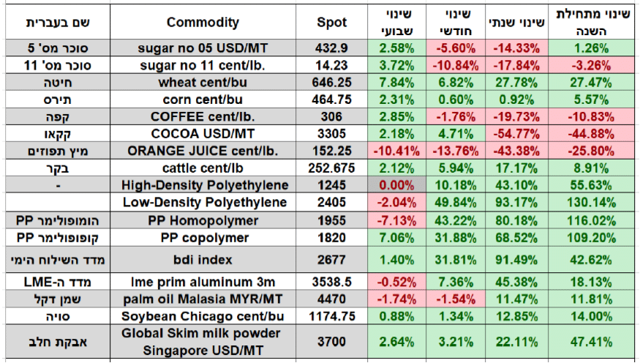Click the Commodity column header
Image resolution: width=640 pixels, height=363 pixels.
point(203,22)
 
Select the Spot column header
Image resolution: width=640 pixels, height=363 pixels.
point(332,22)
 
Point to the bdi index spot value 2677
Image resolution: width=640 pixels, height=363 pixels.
point(332,259)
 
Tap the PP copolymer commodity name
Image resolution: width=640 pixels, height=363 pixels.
point(203,238)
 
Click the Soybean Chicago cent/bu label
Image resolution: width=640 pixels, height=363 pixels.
point(203,315)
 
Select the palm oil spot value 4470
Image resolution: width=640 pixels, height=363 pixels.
point(332,298)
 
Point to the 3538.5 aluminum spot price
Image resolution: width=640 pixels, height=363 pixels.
point(332,280)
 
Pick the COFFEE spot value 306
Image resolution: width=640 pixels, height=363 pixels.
point(332,116)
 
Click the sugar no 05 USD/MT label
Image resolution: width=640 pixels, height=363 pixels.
point(203,48)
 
